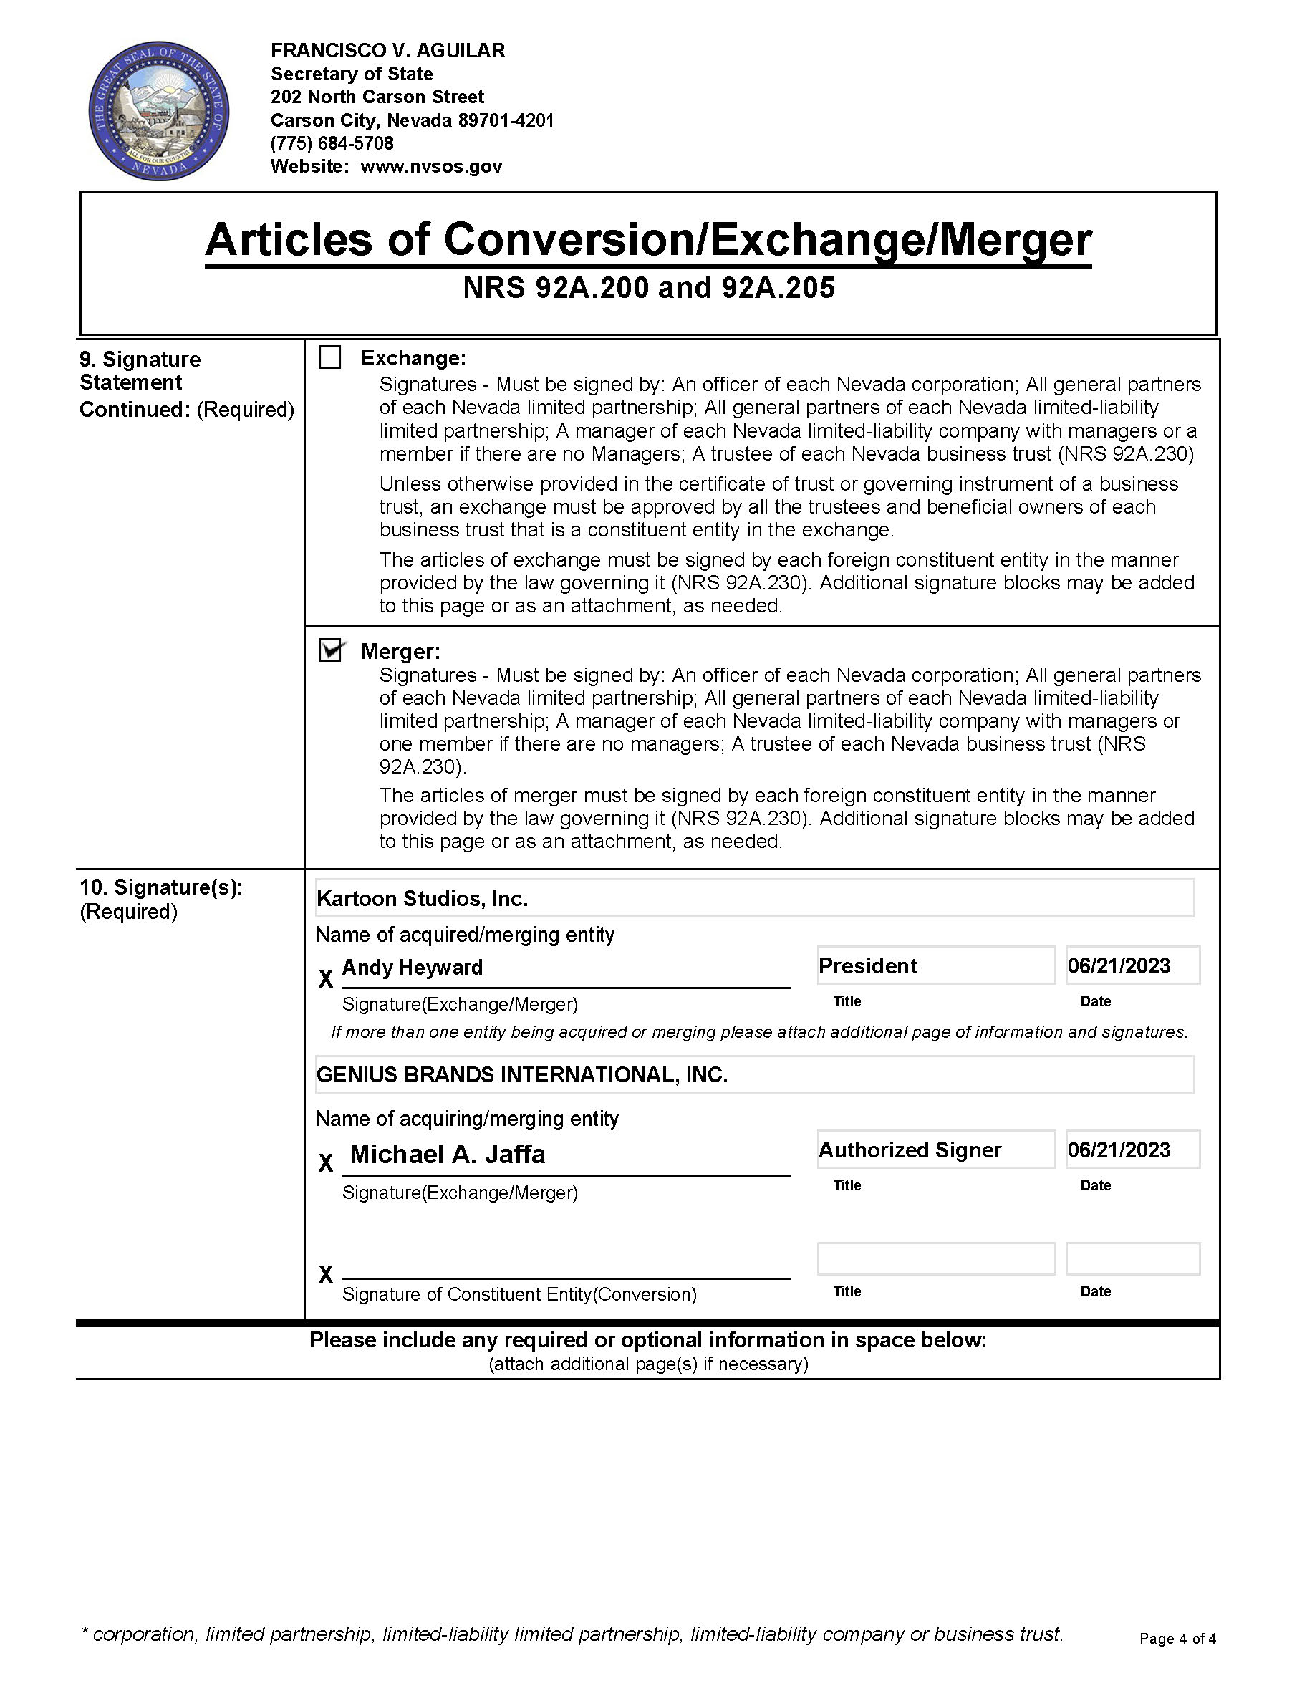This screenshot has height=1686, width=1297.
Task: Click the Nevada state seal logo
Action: click(x=158, y=111)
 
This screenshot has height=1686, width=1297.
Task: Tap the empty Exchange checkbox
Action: click(x=330, y=357)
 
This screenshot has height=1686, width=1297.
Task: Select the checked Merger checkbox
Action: click(x=331, y=651)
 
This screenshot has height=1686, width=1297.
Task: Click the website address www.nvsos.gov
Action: click(x=431, y=166)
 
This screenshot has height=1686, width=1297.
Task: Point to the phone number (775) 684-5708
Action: click(x=332, y=143)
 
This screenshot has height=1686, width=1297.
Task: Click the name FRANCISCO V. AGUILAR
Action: click(x=387, y=50)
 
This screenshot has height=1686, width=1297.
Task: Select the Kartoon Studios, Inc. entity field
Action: click(x=753, y=898)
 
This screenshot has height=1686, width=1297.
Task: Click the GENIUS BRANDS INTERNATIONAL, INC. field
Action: click(x=753, y=1074)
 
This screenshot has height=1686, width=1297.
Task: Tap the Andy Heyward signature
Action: click(x=413, y=968)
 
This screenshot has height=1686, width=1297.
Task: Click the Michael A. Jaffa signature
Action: click(x=448, y=1154)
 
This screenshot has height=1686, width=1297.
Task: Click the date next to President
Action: click(x=1132, y=965)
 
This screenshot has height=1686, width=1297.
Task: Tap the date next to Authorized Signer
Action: click(x=1132, y=1150)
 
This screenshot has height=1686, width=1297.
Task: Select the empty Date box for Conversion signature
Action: click(x=1132, y=1258)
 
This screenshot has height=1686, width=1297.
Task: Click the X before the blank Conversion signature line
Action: click(x=326, y=1275)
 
